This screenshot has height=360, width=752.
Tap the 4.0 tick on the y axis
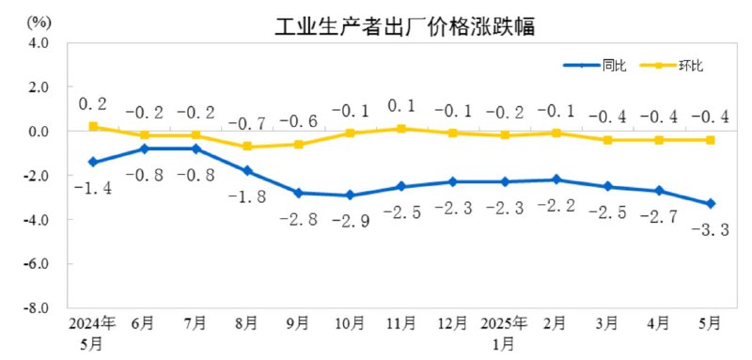click(38, 43)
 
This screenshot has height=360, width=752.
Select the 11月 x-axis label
click(400, 323)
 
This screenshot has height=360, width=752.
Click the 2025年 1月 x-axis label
click(504, 332)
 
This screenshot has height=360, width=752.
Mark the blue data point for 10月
click(350, 196)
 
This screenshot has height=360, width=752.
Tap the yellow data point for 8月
click(246, 147)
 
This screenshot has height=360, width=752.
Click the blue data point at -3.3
click(710, 204)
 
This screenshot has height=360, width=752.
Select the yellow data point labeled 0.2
click(92, 126)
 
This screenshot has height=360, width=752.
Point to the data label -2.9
click(350, 221)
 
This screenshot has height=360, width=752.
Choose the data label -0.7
click(246, 123)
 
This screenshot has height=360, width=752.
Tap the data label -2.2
click(556, 205)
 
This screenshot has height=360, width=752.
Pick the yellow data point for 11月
click(400, 129)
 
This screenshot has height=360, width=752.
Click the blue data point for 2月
click(556, 180)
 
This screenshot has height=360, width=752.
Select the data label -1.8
click(246, 197)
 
